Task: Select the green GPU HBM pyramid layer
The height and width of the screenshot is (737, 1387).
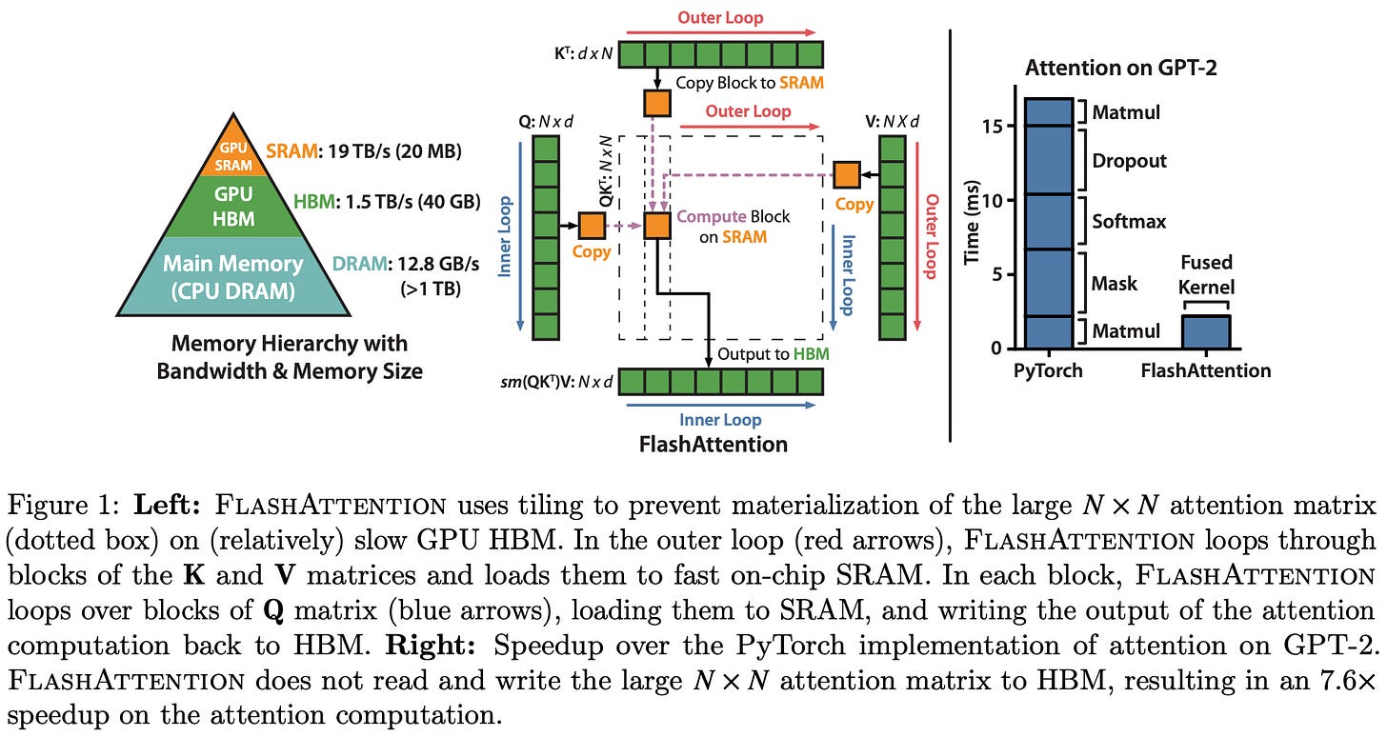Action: (233, 208)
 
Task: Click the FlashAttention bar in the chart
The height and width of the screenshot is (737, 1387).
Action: (1205, 331)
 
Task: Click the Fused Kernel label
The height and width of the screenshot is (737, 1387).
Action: (1207, 274)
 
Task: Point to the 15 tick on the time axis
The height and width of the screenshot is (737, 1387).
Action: (997, 126)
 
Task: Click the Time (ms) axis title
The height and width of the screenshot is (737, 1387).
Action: (973, 225)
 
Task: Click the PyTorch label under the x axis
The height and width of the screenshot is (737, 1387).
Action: (1049, 370)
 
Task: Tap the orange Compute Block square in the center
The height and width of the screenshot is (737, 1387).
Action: (657, 226)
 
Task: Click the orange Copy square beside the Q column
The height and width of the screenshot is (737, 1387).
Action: (592, 226)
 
